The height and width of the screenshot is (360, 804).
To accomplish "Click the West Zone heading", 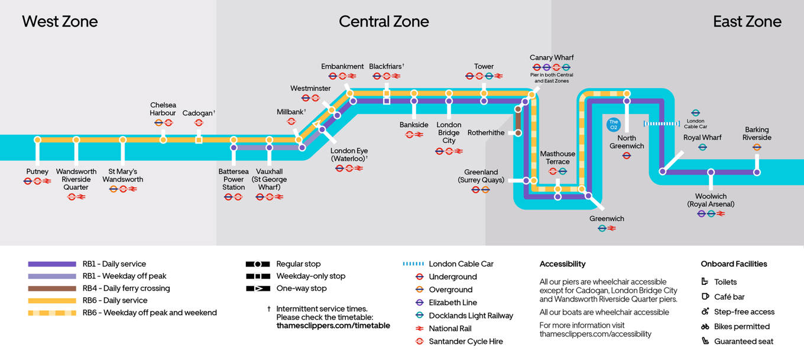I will [x=60, y=22].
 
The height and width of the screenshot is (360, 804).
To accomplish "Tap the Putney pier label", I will [x=37, y=171].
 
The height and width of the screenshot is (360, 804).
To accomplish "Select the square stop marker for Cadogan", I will [x=199, y=140].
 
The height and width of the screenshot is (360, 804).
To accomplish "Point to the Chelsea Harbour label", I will [x=163, y=109].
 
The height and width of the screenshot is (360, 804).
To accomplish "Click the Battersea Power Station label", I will [x=234, y=179].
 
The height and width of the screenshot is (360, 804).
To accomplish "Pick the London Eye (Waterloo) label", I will [x=349, y=155].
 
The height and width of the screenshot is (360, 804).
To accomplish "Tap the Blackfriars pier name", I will [x=385, y=66].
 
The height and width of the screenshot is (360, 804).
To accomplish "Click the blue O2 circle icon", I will [x=614, y=125].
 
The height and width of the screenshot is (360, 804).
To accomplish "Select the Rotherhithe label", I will [x=486, y=133].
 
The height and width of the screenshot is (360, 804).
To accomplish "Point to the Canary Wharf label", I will [x=552, y=57].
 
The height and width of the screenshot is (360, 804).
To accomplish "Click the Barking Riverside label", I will [x=757, y=134].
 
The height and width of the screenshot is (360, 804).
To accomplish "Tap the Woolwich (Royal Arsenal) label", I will [x=711, y=200].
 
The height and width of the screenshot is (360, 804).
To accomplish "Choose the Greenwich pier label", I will [x=607, y=219].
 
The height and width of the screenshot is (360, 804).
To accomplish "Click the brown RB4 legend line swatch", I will [x=52, y=288].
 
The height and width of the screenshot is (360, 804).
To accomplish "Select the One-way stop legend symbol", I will [x=258, y=288].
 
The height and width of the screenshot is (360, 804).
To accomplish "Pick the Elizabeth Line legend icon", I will [x=419, y=303].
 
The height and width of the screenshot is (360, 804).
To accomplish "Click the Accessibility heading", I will [x=562, y=264].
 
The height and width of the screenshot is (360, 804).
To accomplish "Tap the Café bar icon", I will [x=705, y=297].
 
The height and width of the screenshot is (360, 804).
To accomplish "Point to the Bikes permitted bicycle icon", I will [x=705, y=326].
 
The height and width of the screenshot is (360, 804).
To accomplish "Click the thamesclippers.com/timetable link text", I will [x=333, y=326].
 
